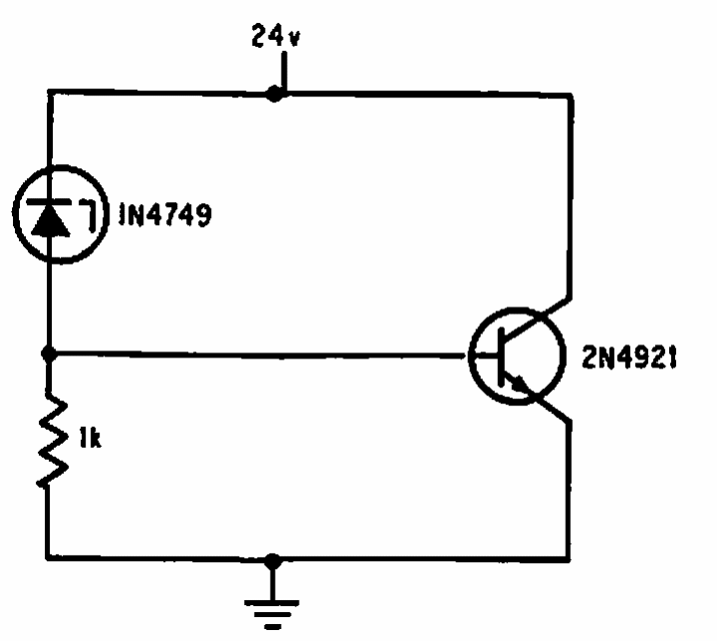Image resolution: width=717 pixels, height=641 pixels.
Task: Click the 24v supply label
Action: point(276,36)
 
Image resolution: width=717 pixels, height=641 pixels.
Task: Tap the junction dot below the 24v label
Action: point(275,94)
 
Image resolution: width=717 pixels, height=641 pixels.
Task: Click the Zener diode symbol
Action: point(61,214)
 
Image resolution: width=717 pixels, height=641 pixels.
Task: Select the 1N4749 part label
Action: point(165,214)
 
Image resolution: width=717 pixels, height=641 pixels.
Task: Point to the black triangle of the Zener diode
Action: point(51,223)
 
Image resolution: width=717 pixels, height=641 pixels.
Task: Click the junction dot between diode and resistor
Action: point(49,353)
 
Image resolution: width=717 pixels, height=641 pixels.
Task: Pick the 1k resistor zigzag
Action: point(52,439)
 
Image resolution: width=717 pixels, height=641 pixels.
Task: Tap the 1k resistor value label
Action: point(90,438)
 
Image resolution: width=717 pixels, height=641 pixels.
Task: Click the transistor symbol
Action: point(517,355)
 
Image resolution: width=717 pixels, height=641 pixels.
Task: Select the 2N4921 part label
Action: point(629,357)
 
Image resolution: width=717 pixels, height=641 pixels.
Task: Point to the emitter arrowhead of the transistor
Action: point(519,383)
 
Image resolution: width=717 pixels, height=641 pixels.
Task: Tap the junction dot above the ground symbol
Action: point(273,561)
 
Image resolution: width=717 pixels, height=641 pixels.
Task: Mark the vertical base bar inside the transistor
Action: point(501,356)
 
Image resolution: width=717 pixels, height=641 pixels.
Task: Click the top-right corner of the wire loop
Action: point(571,96)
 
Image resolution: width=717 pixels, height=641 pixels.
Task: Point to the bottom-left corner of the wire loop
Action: point(48,557)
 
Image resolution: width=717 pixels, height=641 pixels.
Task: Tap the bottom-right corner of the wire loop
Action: point(569,558)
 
